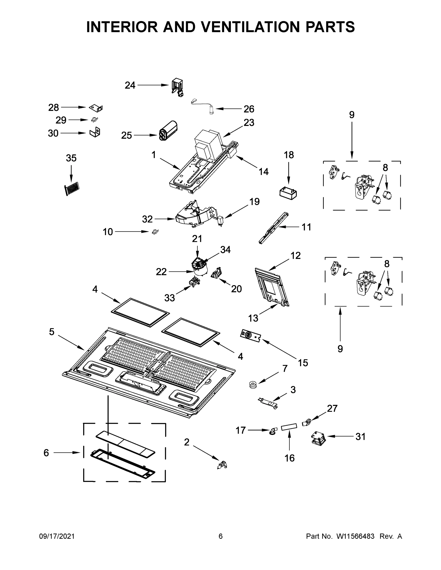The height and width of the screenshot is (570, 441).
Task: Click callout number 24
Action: pyautogui.click(x=130, y=85)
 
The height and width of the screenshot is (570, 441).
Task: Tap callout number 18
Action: pyautogui.click(x=289, y=155)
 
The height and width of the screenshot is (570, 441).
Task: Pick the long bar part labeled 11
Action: pyautogui.click(x=274, y=228)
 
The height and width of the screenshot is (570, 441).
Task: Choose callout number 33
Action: pyautogui.click(x=169, y=297)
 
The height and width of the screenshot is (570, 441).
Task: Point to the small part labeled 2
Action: pyautogui.click(x=222, y=465)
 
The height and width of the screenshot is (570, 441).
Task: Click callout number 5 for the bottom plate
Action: pyautogui.click(x=52, y=332)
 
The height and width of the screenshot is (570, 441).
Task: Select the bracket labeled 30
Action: pyautogui.click(x=95, y=132)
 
